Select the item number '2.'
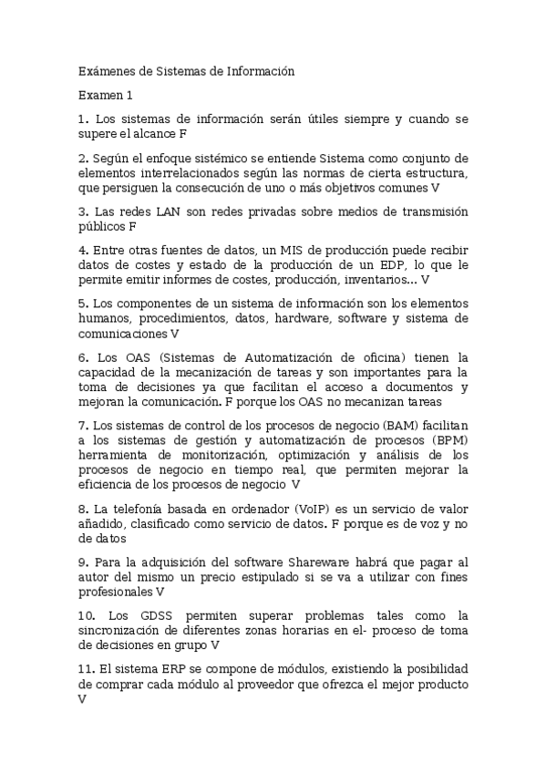click(x=83, y=157)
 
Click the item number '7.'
click(x=83, y=425)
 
